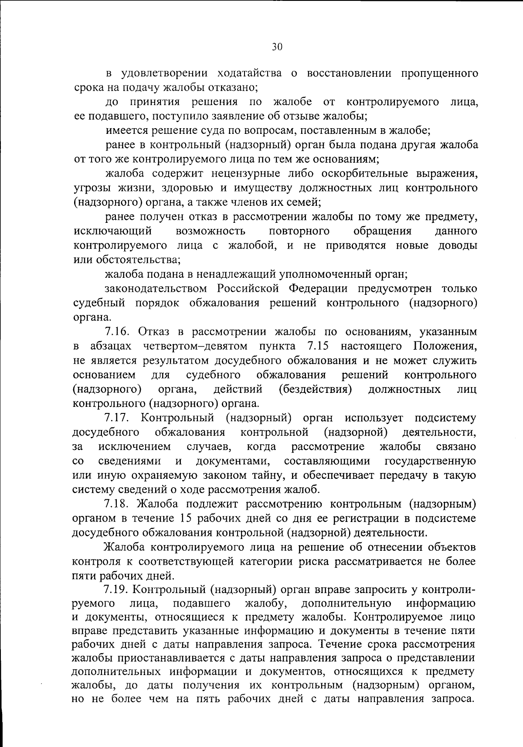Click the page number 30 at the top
pyautogui.click(x=277, y=47)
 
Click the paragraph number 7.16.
pyautogui.click(x=116, y=332)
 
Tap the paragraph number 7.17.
pyautogui.click(x=116, y=418)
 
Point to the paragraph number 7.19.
pyautogui.click(x=116, y=590)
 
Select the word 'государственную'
pyautogui.click(x=431, y=461)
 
